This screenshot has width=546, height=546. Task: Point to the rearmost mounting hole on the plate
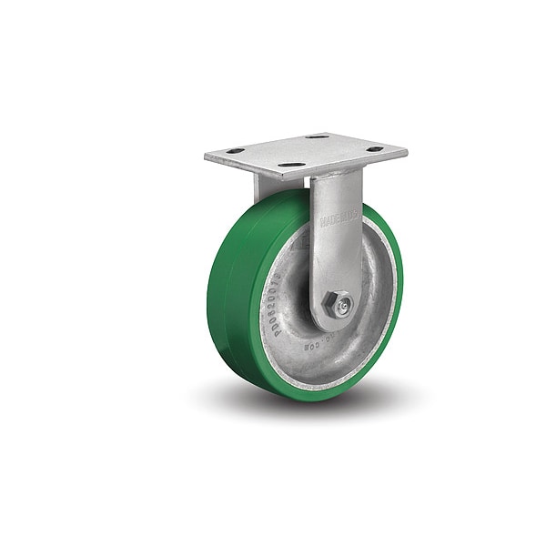pyautogui.click(x=318, y=136)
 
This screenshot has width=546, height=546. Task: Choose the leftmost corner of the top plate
pyautogui.click(x=206, y=157)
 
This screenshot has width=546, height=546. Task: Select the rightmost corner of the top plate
pyautogui.click(x=407, y=148)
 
